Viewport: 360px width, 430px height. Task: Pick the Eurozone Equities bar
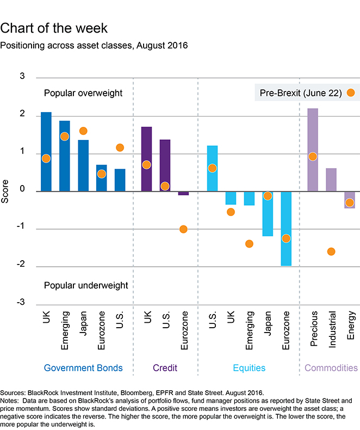pyautogui.click(x=286, y=229)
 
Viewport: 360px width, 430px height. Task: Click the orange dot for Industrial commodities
pyautogui.click(x=331, y=251)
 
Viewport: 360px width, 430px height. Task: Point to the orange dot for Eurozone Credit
pyautogui.click(x=183, y=229)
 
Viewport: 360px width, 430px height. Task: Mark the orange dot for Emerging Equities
pyautogui.click(x=249, y=243)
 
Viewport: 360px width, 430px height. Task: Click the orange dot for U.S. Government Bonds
pyautogui.click(x=120, y=148)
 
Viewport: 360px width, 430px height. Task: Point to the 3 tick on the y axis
pyautogui.click(x=22, y=77)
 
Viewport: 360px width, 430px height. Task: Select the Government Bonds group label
pyautogui.click(x=83, y=368)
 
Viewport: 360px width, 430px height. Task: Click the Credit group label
pyautogui.click(x=165, y=368)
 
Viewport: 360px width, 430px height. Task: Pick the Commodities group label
pyautogui.click(x=331, y=368)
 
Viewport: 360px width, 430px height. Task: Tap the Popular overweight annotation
pyautogui.click(x=83, y=93)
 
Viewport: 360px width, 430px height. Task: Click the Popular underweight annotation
pyautogui.click(x=86, y=285)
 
